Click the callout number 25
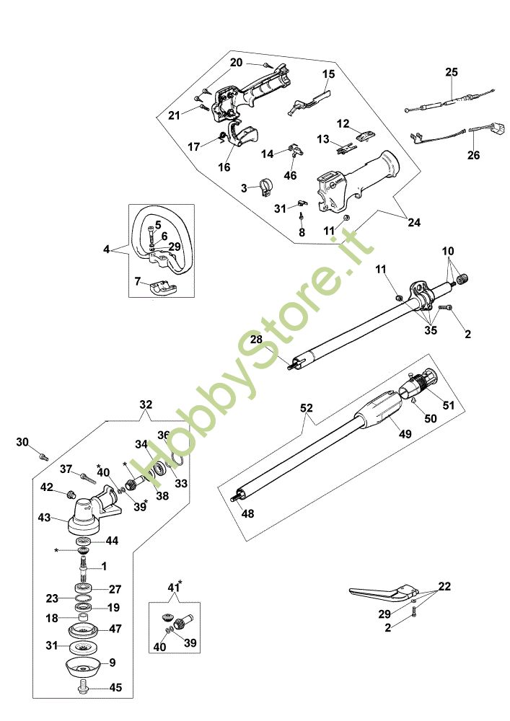(452, 72)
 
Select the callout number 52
(307, 407)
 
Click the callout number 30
(22, 441)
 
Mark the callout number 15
(328, 74)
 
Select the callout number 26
(473, 155)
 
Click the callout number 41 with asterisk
(171, 588)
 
